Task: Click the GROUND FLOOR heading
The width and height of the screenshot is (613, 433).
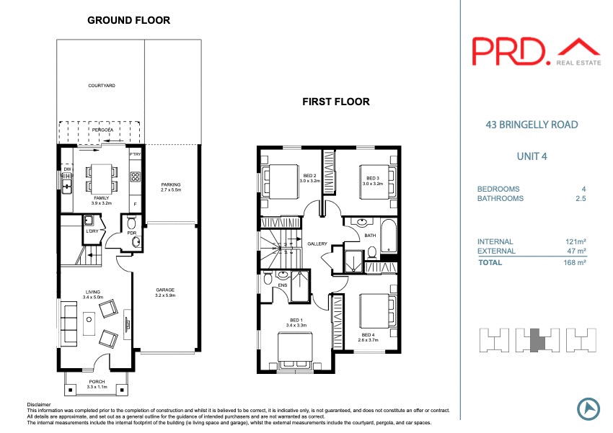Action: [x=128, y=20]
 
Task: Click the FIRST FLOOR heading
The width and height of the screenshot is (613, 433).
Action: [x=335, y=102]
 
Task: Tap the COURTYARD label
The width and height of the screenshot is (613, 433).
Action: [x=102, y=86]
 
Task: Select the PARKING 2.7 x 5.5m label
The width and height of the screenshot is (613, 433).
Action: [x=170, y=187]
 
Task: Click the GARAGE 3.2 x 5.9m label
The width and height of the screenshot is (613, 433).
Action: [x=165, y=293]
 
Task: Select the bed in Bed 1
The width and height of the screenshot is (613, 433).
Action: [x=297, y=350]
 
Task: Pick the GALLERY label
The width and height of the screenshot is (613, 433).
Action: [x=317, y=244]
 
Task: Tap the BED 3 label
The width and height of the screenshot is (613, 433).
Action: [x=372, y=181]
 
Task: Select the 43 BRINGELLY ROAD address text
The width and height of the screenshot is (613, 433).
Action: [x=532, y=125]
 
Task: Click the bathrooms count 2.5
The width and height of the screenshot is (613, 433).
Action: [x=578, y=198]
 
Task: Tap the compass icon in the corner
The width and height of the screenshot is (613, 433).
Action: [x=588, y=409]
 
